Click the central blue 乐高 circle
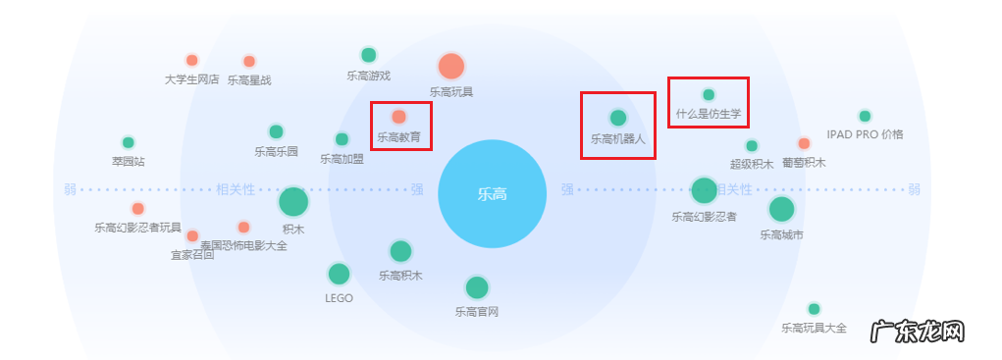pyautogui.click(x=492, y=193)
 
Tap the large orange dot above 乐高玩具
pyautogui.click(x=450, y=67)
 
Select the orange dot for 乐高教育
pyautogui.click(x=399, y=117)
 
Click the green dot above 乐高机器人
pyautogui.click(x=617, y=118)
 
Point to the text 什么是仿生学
pyautogui.click(x=709, y=115)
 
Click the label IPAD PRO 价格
pyautogui.click(x=865, y=134)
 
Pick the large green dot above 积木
pyautogui.click(x=293, y=202)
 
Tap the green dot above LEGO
pyautogui.click(x=339, y=274)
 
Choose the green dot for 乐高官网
pyautogui.click(x=477, y=287)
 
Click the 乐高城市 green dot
pyautogui.click(x=781, y=209)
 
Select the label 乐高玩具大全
pyautogui.click(x=814, y=329)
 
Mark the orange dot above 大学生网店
pyautogui.click(x=192, y=60)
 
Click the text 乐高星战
pyautogui.click(x=249, y=80)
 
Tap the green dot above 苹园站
pyautogui.click(x=128, y=142)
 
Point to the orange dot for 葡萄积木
pyautogui.click(x=804, y=143)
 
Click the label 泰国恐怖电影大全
pyautogui.click(x=244, y=246)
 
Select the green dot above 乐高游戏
pyautogui.click(x=368, y=55)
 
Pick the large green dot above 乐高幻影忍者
pyautogui.click(x=704, y=190)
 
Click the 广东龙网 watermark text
pyautogui.click(x=918, y=332)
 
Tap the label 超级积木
pyautogui.click(x=752, y=165)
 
